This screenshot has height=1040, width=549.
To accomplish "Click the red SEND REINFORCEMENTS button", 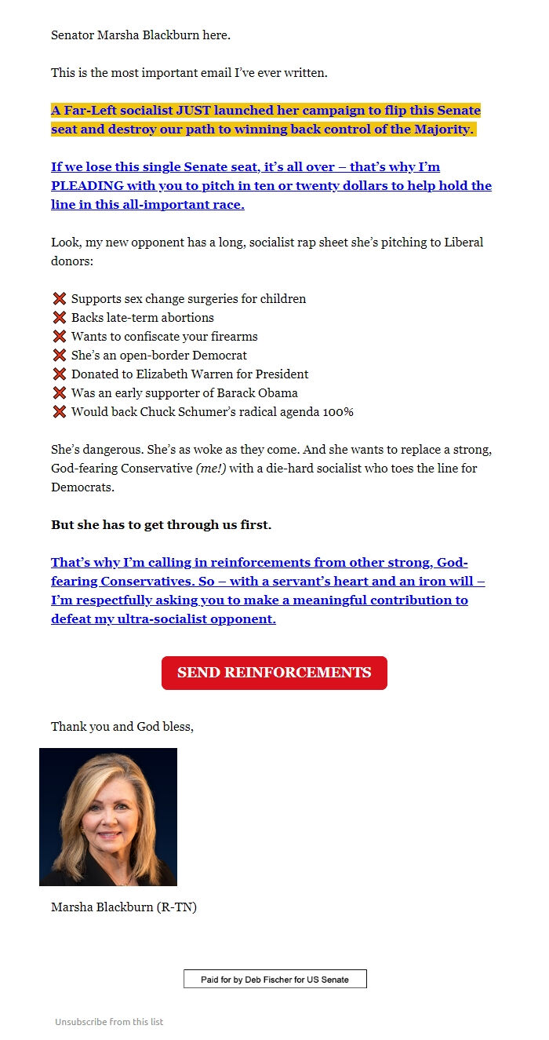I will [x=274, y=673].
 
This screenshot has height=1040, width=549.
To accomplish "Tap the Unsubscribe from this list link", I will [x=109, y=1021].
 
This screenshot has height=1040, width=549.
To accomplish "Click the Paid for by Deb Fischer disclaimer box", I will [x=274, y=979].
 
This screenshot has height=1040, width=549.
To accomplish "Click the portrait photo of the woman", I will [x=108, y=816].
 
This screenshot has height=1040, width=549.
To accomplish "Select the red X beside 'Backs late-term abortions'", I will [x=59, y=318].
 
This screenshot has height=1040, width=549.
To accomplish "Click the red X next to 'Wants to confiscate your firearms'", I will [x=59, y=337].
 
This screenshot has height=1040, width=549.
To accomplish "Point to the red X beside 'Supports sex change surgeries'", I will [x=59, y=299].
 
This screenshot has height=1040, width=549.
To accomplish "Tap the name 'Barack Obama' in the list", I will [x=262, y=393].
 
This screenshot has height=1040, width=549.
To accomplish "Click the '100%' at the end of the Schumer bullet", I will [x=339, y=412].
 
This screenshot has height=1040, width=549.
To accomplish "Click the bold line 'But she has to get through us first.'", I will [x=161, y=525].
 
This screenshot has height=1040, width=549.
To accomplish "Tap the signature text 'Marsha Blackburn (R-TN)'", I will [x=124, y=907].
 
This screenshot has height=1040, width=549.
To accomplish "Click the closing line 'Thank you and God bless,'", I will [x=122, y=726].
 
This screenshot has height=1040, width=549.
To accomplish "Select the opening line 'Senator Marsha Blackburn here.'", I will [x=140, y=35].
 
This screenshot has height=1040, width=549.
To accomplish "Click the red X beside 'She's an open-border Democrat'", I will [x=59, y=356].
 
